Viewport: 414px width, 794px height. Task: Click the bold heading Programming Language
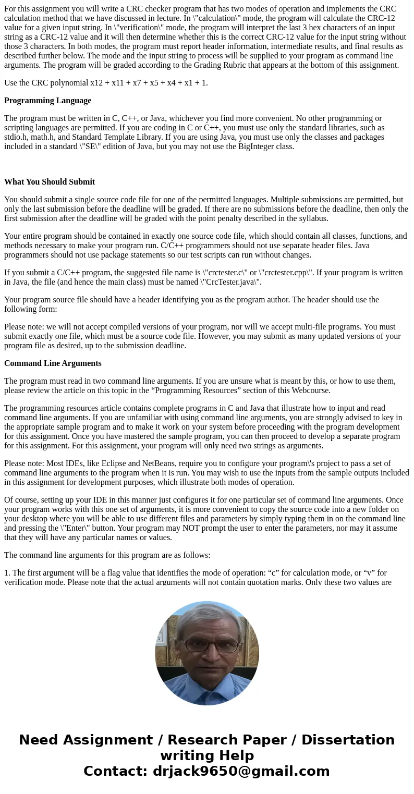[47, 101]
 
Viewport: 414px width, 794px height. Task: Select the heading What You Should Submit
[50, 182]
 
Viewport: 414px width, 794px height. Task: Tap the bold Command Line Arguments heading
[53, 363]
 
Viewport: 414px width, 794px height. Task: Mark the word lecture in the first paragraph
[237, 18]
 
